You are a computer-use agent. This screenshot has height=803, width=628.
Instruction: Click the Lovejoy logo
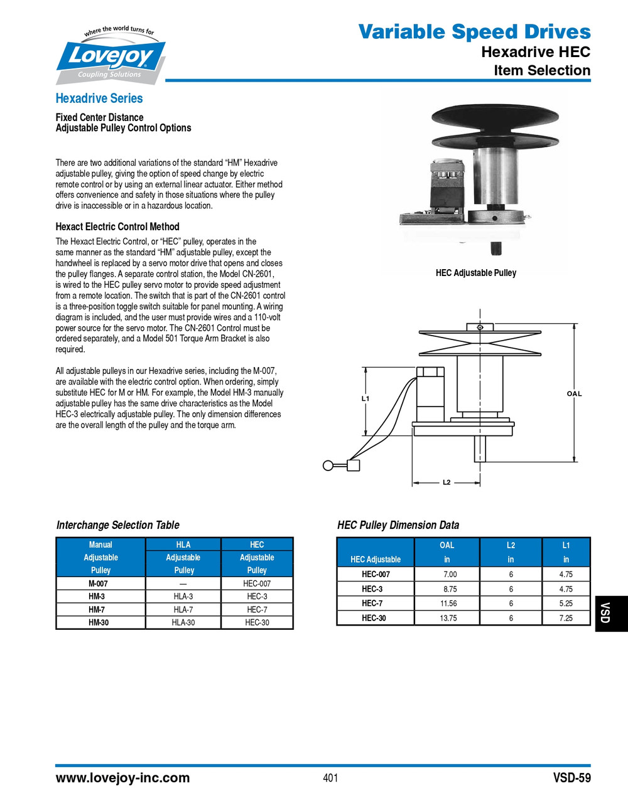click(x=112, y=56)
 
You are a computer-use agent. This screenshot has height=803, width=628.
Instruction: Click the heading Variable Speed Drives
click(x=474, y=31)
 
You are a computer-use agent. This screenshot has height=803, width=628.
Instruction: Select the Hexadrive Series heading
click(x=99, y=98)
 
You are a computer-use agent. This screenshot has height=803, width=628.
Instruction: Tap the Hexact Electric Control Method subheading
click(x=117, y=226)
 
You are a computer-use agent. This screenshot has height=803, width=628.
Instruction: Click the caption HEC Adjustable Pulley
click(x=475, y=273)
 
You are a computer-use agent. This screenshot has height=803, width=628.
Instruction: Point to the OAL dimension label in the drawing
click(x=574, y=394)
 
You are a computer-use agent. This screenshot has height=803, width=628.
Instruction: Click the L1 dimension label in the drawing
click(x=365, y=398)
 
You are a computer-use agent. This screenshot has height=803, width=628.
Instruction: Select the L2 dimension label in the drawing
click(x=447, y=482)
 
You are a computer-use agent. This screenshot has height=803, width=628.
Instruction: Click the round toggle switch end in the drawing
click(x=328, y=465)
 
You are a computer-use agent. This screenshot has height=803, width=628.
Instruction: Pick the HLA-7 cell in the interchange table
click(x=183, y=609)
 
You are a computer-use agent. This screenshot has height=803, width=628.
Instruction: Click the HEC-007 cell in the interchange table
click(x=257, y=583)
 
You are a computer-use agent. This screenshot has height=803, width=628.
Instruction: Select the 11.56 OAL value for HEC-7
click(x=448, y=604)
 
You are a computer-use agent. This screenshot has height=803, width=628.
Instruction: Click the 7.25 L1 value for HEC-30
click(x=566, y=618)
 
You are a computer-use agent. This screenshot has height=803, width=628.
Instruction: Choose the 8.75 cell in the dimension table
click(x=450, y=589)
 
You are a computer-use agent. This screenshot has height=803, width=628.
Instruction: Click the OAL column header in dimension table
click(x=447, y=545)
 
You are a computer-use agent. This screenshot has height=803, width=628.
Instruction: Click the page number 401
click(x=330, y=778)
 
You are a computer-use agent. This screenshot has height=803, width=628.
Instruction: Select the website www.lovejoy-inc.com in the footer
click(x=122, y=778)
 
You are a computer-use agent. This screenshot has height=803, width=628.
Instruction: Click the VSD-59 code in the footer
click(x=571, y=778)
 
